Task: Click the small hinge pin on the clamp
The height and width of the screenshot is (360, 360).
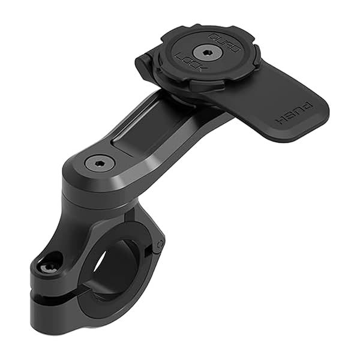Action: [x=160, y=245]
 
